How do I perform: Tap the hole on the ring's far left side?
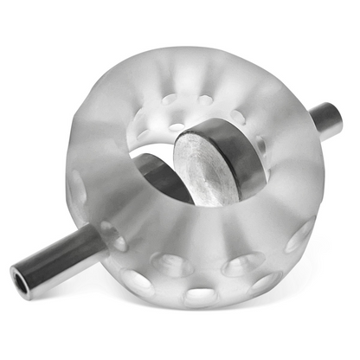coord(78,187)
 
